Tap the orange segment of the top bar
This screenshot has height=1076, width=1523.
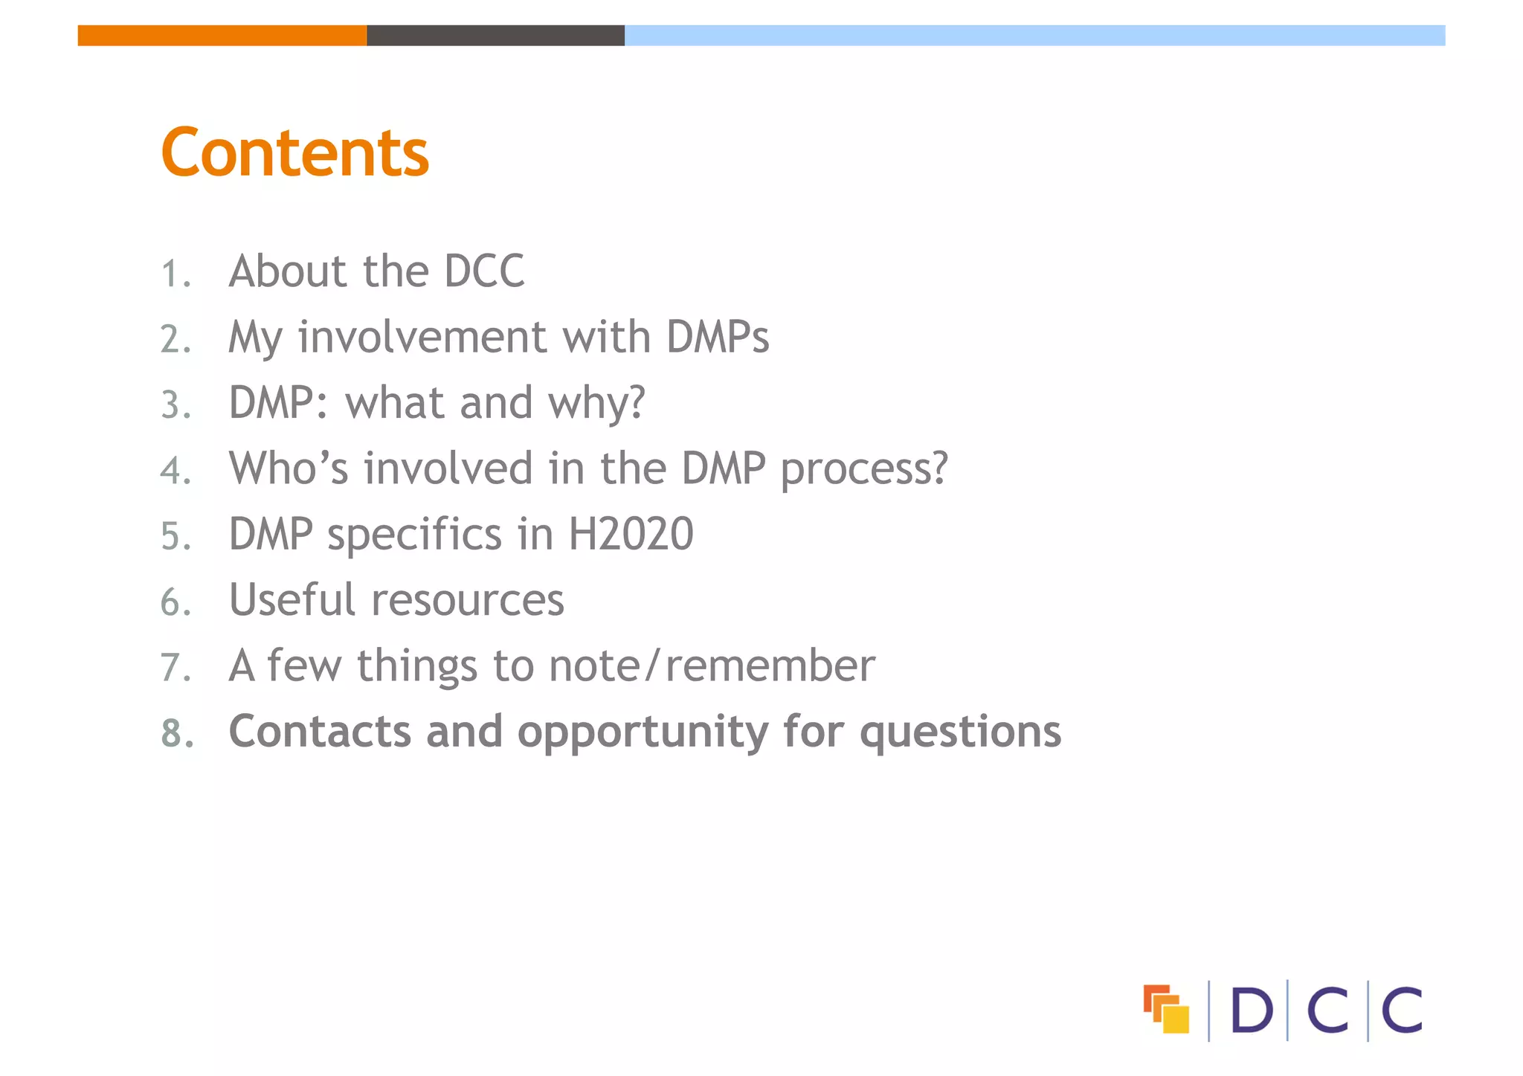222,35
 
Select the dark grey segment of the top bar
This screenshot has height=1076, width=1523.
495,35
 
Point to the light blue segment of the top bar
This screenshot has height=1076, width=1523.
1034,35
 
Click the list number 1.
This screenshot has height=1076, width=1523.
176,274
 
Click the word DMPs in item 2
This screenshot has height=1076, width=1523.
718,337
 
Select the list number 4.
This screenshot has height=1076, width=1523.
176,471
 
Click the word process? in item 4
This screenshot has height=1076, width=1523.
864,470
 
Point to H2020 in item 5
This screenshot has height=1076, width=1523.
631,534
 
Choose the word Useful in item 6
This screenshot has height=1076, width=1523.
292,599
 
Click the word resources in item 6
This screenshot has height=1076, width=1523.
468,601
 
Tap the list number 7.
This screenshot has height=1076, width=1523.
176,667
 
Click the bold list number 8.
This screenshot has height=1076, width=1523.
177,733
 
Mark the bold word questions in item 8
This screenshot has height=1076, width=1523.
960,733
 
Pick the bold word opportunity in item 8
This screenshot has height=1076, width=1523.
643,733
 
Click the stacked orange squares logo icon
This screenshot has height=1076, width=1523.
1166,1009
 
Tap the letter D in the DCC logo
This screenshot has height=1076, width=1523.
1252,1011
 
